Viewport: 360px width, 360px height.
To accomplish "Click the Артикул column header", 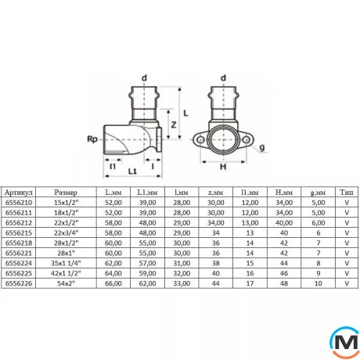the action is coord(19,193).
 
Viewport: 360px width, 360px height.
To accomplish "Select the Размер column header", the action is coord(66,193).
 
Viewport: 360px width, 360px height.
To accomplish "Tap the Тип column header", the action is coord(347,193).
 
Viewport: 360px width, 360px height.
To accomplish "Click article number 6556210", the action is coord(19,203).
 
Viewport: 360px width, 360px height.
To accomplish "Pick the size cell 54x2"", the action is coord(66,283).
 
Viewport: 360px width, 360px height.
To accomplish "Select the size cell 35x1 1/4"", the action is coord(66,263).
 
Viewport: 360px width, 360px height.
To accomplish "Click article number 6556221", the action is coord(19,253).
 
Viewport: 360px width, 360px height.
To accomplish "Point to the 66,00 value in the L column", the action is coord(113,283).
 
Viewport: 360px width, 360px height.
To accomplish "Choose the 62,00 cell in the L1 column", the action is coord(147,283).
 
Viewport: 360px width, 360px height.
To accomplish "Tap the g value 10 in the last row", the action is coord(318,283).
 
